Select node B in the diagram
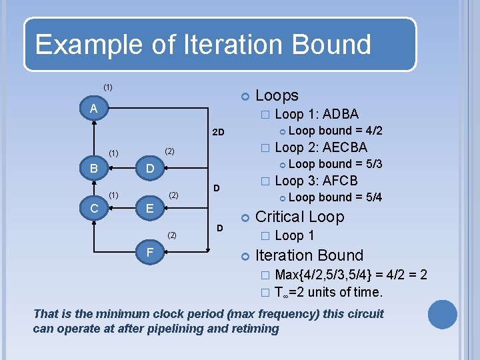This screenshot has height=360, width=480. pos(94,168)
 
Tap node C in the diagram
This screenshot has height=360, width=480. pos(94,209)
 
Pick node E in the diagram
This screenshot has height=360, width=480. pos(150,209)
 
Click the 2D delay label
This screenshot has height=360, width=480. pos(218,133)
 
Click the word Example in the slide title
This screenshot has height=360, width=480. pos(83,45)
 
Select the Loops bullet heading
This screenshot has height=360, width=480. pos(277,95)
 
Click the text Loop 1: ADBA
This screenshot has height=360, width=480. pos(317,114)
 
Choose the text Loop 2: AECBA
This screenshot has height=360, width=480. pos(321,147)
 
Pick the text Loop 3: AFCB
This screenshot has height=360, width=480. pos(316,181)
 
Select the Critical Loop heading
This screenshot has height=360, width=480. pos(299,217)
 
